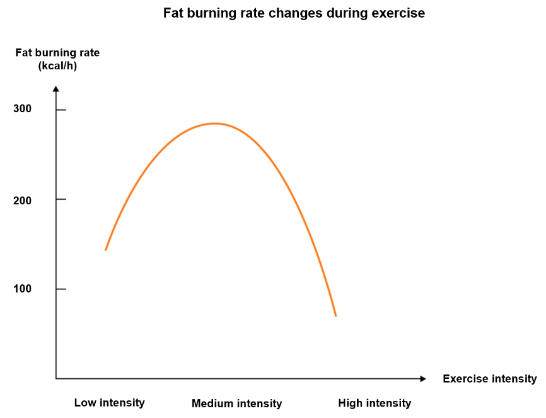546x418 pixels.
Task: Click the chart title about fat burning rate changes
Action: [294, 14]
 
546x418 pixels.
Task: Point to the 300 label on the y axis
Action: [22, 108]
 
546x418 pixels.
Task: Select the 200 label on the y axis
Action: [22, 200]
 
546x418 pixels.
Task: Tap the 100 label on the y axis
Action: [22, 289]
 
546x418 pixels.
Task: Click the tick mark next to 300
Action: [61, 110]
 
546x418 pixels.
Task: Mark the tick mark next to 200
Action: [61, 199]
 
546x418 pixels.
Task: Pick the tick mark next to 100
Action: [61, 289]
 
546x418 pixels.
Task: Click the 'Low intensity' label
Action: [109, 403]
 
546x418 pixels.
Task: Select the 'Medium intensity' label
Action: [237, 403]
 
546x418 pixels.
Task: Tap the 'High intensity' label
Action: [375, 403]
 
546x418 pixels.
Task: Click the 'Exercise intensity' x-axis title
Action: [490, 379]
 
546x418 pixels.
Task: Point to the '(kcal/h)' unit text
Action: [57, 66]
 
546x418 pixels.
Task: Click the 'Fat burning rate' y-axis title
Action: [57, 52]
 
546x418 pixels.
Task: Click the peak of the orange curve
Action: [214, 124]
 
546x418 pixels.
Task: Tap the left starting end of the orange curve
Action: [106, 250]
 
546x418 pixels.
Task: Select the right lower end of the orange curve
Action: [335, 316]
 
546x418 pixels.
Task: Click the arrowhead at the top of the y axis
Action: [56, 89]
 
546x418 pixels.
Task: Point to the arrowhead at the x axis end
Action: [423, 379]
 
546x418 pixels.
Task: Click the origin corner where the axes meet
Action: [56, 379]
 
